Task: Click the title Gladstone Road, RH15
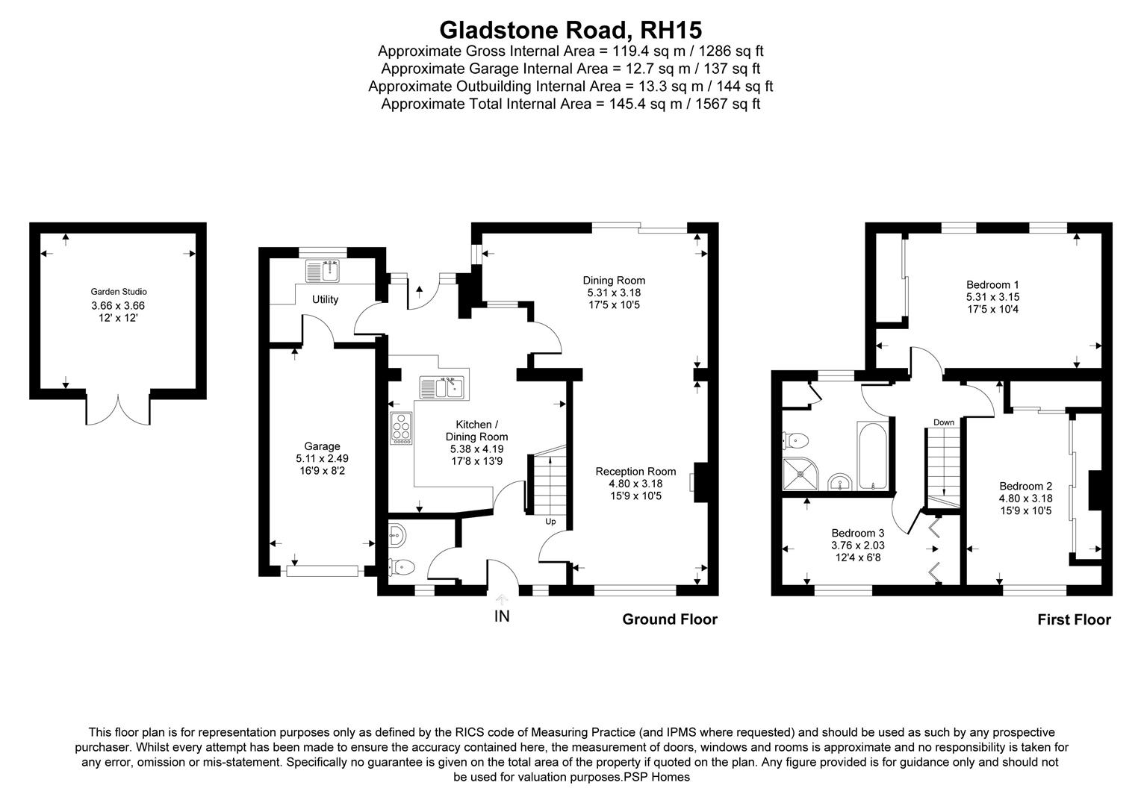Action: coord(570,30)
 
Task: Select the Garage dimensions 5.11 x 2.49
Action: coord(322,459)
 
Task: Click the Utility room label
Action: coord(325,299)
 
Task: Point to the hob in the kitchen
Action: coord(401,429)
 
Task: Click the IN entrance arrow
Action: coord(502,599)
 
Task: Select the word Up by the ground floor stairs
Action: coord(550,522)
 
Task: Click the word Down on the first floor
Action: coord(943,422)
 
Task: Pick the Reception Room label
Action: coord(635,471)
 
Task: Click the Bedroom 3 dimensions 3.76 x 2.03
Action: coord(858,545)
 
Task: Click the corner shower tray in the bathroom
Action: coord(799,473)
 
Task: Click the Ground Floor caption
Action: coord(669,619)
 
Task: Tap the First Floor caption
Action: coord(1074,619)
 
